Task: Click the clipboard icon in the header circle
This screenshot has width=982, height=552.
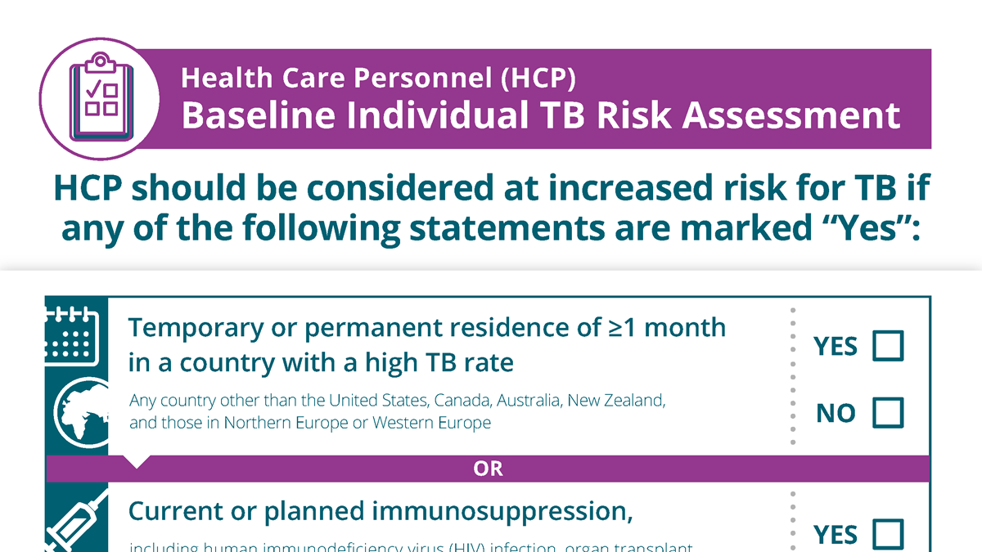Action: [x=99, y=96]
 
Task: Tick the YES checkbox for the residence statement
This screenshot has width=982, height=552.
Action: [x=888, y=346]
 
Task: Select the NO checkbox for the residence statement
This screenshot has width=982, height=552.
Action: [x=888, y=413]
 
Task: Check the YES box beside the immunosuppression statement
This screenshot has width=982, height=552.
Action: [x=888, y=534]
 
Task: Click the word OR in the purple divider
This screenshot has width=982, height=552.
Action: [x=488, y=469]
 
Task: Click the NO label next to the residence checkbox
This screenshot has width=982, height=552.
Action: [x=835, y=414]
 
